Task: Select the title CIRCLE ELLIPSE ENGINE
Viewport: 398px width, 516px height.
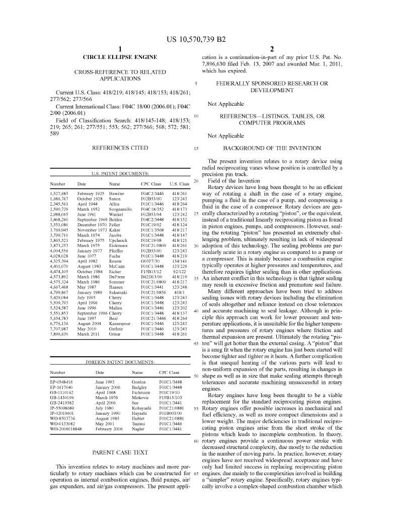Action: tap(120, 57)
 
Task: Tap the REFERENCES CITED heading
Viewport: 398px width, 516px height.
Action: tap(120, 148)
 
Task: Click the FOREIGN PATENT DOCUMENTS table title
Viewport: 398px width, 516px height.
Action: tap(120, 362)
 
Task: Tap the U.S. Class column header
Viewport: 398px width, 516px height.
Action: tap(180, 184)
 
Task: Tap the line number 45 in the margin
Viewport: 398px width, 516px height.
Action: tap(196, 343)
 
